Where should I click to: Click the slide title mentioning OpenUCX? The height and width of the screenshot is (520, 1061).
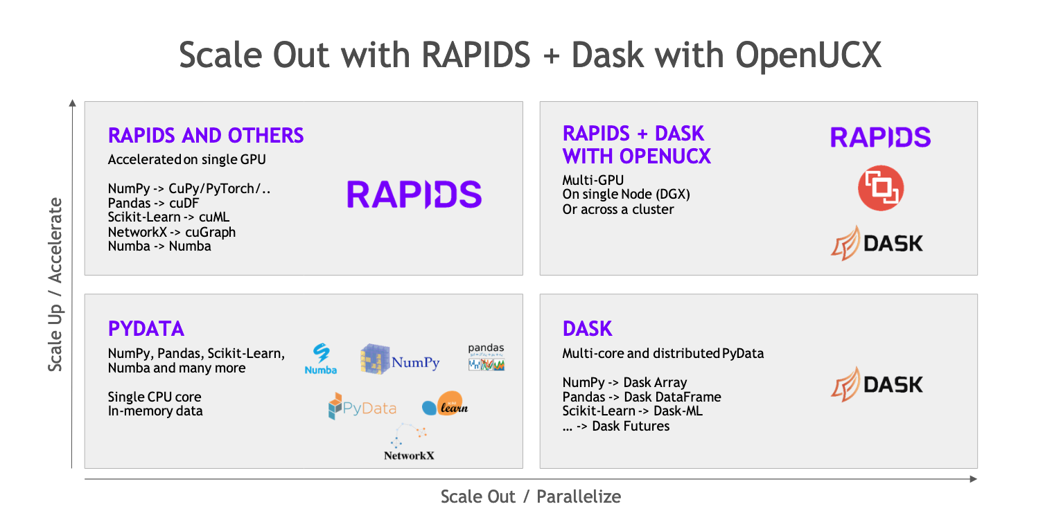tap(530, 55)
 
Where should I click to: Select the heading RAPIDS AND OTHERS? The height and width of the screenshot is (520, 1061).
tap(206, 135)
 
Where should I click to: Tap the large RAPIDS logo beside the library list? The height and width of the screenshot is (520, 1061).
tap(414, 194)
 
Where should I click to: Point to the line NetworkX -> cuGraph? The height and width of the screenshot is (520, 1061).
tap(172, 232)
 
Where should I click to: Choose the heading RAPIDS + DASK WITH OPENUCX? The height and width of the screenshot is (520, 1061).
tap(636, 145)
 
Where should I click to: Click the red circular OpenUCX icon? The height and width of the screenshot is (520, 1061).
tap(881, 188)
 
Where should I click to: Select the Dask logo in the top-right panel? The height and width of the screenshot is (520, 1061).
tap(877, 243)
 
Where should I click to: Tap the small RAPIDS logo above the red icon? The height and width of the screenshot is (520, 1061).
tap(880, 137)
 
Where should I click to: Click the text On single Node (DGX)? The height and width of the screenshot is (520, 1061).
tap(626, 195)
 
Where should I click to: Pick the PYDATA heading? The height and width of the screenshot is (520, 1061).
tap(146, 328)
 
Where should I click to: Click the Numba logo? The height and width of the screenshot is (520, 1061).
tap(320, 359)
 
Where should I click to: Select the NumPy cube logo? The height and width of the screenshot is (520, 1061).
tap(400, 359)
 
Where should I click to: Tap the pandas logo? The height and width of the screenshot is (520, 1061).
tap(486, 357)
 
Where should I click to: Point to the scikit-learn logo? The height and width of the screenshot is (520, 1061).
tap(445, 407)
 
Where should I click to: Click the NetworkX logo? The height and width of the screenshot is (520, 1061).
tap(409, 442)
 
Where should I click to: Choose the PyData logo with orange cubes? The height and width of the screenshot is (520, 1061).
tap(362, 407)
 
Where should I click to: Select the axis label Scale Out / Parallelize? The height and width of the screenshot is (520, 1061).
tap(531, 496)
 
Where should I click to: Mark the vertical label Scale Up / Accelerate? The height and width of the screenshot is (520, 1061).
tap(55, 284)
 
